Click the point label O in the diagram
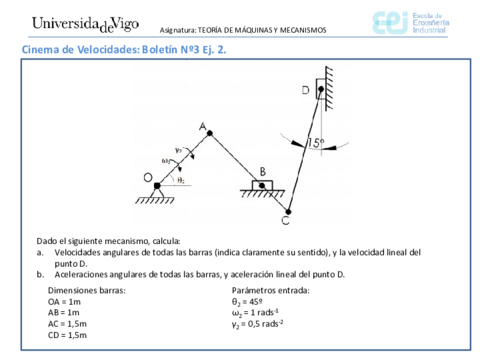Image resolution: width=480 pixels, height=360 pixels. (x=147, y=178)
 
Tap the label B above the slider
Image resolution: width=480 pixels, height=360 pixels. (x=263, y=170)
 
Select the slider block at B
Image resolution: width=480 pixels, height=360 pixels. (x=263, y=185)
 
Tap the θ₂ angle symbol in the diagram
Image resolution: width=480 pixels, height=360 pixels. (x=180, y=181)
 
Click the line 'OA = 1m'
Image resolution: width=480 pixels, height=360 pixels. (x=65, y=300)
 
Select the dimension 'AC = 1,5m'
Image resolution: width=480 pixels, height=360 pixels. (x=68, y=324)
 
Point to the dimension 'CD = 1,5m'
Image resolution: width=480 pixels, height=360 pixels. (x=68, y=336)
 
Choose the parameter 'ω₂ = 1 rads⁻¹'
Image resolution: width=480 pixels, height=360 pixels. (x=258, y=312)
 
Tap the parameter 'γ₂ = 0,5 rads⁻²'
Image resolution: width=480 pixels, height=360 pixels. (x=259, y=324)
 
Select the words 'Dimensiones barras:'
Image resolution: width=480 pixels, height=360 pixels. (x=84, y=289)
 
